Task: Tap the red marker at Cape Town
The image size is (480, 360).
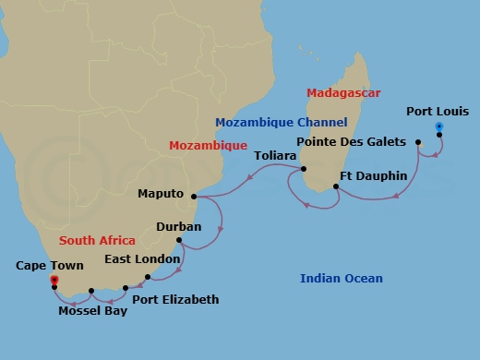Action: pos(54,279)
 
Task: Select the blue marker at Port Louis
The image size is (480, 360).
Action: pos(439,126)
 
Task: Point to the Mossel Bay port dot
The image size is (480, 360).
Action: pos(91,293)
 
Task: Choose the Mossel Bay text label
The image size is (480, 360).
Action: pos(92,310)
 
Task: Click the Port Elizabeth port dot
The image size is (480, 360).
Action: pos(125,289)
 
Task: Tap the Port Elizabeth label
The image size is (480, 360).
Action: pos(175,299)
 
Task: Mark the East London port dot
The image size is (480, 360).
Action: pos(148,276)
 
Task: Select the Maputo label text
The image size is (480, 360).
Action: pos(161,194)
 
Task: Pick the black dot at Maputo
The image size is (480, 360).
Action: pos(194,196)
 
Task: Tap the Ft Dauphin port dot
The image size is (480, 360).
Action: pos(336,187)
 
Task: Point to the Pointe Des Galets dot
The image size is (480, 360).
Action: pos(418,142)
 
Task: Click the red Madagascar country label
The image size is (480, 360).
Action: pos(343,93)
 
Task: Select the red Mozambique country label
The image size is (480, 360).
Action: pos(208,145)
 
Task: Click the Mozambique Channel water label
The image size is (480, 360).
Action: pos(281,122)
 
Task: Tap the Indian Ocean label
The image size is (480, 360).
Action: pos(342,278)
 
